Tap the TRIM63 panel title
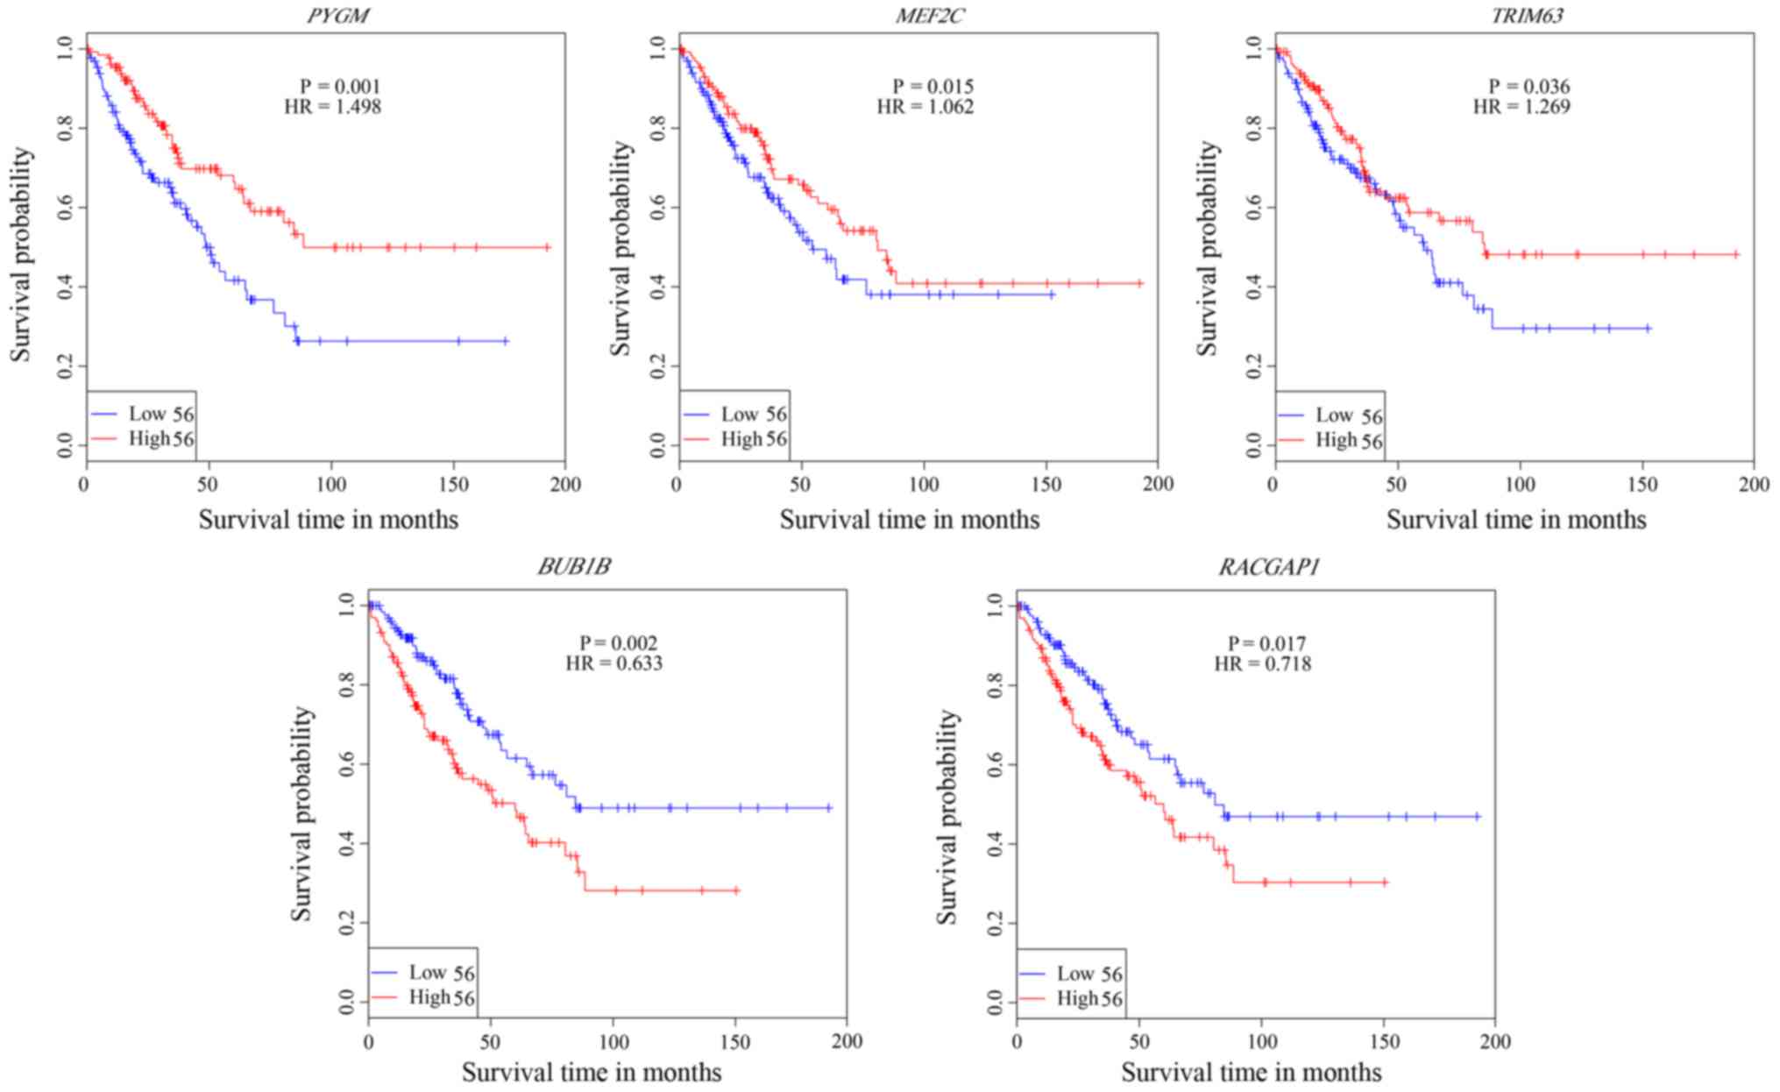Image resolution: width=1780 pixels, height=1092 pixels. point(1527,15)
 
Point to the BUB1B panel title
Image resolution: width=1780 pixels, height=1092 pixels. point(574,567)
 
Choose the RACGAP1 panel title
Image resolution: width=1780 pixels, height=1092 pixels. point(1268,567)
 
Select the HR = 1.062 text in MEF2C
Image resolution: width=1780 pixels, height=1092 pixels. point(925,107)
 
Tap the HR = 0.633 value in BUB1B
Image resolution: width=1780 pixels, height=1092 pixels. point(613,663)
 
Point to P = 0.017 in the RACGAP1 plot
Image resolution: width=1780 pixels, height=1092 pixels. point(1266,643)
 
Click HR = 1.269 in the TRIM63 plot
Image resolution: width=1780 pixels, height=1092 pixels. point(1521,107)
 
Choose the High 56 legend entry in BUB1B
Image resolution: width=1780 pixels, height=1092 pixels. point(441,997)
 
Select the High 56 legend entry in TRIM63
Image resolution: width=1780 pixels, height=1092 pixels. point(1348,440)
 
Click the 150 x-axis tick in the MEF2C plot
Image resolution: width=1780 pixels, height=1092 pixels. point(1047,484)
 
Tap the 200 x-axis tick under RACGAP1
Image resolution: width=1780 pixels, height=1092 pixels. point(1495,1041)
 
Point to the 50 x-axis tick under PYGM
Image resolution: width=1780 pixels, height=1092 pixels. point(208,484)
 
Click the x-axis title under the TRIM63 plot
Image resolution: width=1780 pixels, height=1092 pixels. point(1515,520)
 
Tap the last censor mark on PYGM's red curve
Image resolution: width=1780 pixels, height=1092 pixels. point(547,247)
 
